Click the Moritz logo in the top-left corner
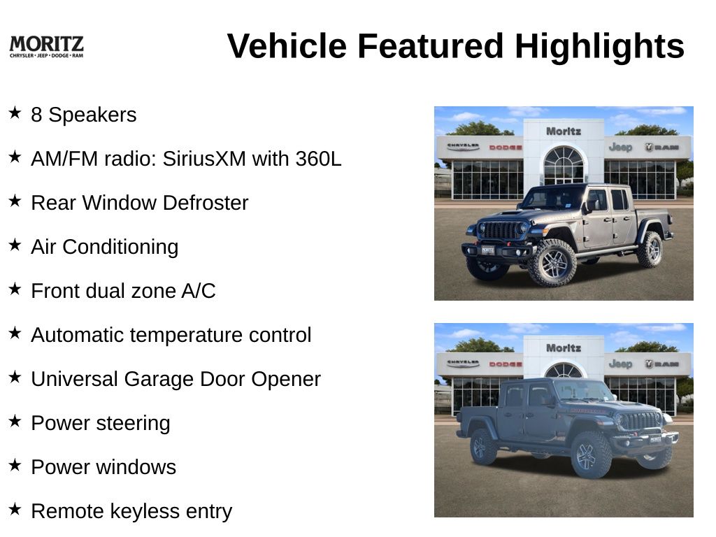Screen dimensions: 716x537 coord(47,47)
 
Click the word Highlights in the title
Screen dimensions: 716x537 coord(599,46)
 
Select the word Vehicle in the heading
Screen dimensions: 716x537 coord(287,46)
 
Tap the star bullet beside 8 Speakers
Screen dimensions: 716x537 coord(15,113)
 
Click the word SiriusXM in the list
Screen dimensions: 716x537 coord(204,159)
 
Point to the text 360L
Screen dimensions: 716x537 coord(318,159)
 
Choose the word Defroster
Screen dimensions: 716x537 coord(206,203)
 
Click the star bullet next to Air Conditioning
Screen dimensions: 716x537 coord(15,245)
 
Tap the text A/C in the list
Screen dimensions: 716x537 coord(199,291)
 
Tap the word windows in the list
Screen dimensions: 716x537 coord(136,467)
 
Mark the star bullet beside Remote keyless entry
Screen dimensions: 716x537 coord(15,509)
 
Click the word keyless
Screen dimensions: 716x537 coord(144,512)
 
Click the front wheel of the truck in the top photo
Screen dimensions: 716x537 coord(552,263)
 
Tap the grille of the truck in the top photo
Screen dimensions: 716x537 coord(502,229)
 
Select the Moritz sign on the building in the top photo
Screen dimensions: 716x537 coord(564,131)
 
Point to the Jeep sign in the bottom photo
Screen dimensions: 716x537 coord(621,364)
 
